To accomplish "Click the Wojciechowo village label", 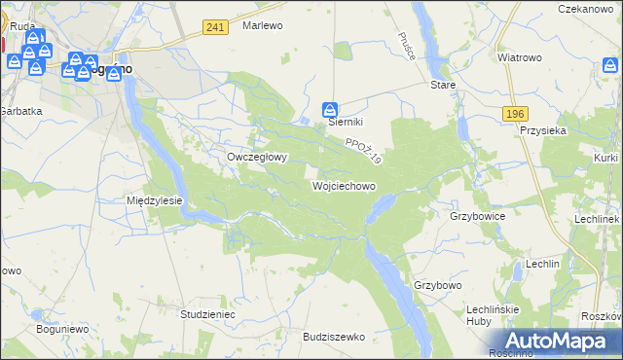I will point(343,185).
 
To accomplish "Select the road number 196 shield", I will point(516,114).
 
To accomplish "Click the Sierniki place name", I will point(345,122).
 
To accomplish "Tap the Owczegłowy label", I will point(257,156).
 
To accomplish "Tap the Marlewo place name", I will point(262,25).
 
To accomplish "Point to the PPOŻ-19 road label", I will point(362,149).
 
